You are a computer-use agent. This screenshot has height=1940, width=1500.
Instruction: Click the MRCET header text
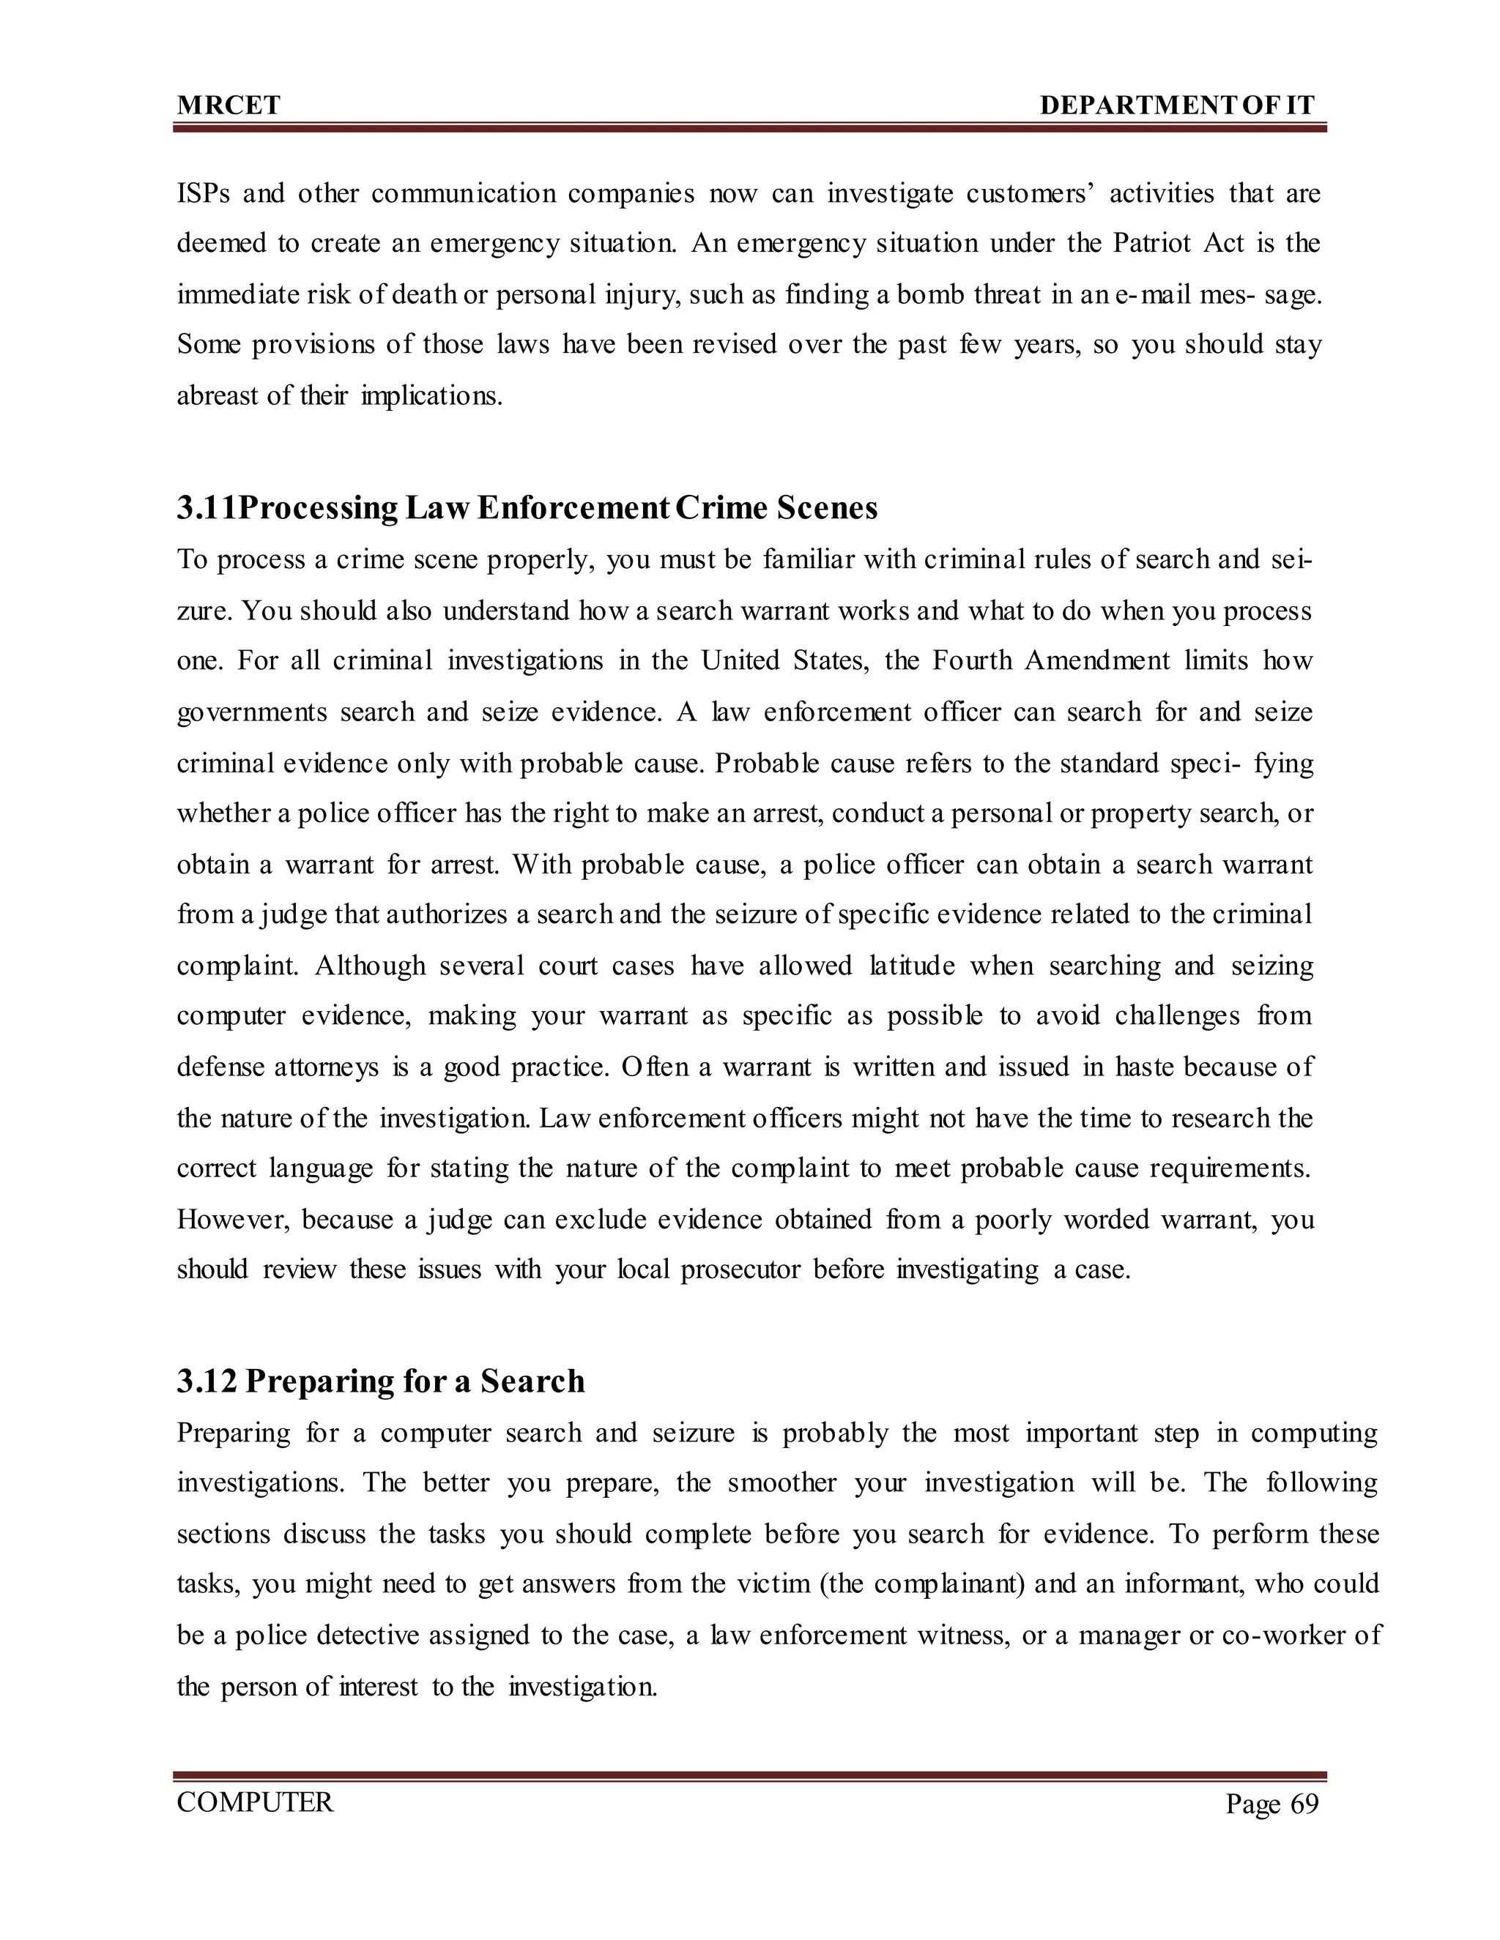[x=229, y=105]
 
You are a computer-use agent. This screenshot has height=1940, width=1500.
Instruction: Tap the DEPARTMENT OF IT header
[x=1176, y=105]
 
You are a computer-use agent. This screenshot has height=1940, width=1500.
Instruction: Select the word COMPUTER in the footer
[x=255, y=1802]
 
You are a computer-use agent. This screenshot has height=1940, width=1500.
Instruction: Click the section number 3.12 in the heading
[x=206, y=1381]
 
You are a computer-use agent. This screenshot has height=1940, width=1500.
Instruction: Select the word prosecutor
[x=740, y=1270]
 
